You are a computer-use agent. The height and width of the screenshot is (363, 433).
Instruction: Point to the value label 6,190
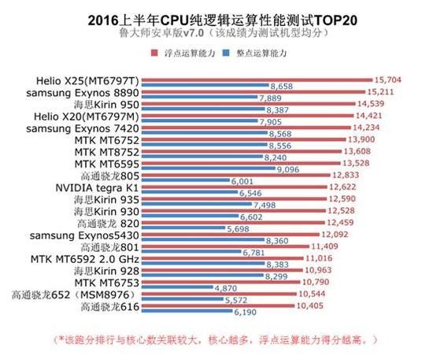click(248, 313)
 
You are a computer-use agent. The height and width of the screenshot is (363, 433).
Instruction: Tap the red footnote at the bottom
click(216, 340)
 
